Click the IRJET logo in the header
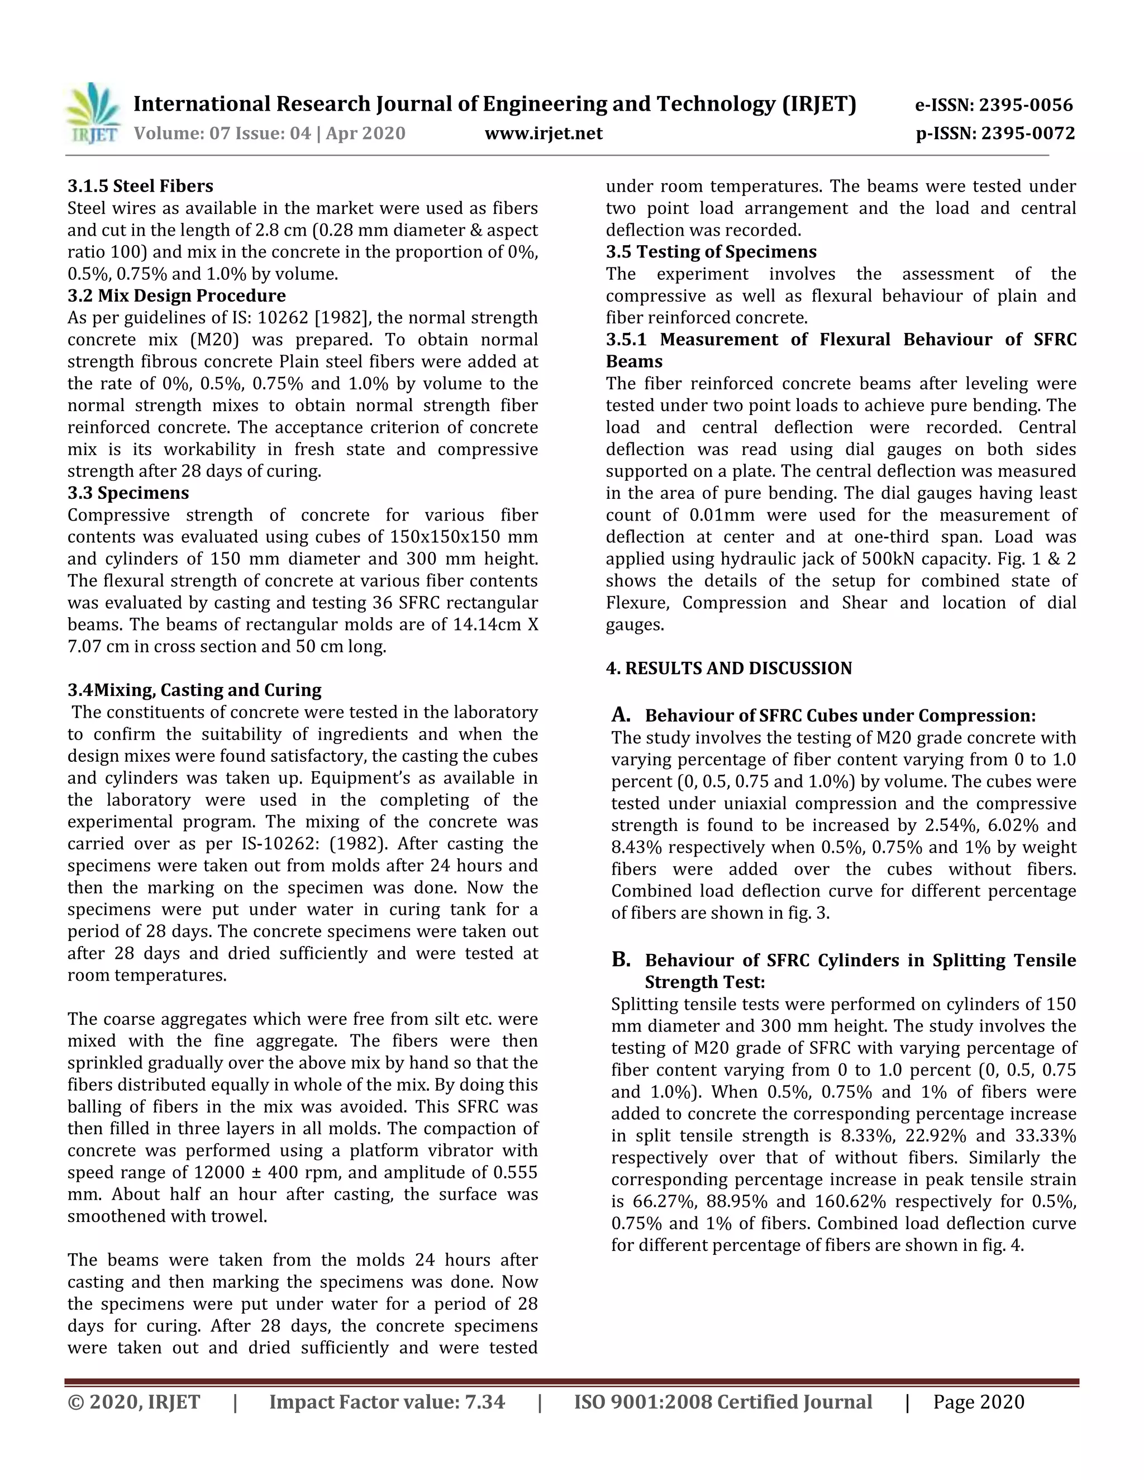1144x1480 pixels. tap(93, 114)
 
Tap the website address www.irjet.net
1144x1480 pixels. tap(543, 133)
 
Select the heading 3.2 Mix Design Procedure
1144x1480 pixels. tap(176, 295)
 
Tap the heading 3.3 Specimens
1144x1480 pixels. tap(128, 493)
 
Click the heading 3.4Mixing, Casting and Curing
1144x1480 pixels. tap(194, 690)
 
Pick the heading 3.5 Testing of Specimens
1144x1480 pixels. tap(711, 251)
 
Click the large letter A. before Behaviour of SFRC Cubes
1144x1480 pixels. tap(621, 714)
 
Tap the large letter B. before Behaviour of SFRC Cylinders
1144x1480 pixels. tap(621, 959)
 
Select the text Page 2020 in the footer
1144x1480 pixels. tap(978, 1402)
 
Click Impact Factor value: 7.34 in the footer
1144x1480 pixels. tap(387, 1402)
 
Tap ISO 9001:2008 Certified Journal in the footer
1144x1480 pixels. tap(723, 1402)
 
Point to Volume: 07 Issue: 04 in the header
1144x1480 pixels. tap(222, 133)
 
